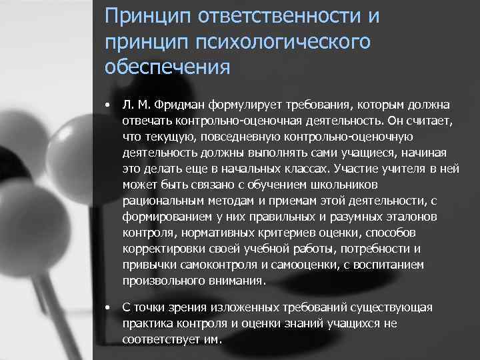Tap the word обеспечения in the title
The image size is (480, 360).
(x=167, y=67)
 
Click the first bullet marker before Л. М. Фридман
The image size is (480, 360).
(x=107, y=105)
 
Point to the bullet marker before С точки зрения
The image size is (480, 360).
(x=107, y=307)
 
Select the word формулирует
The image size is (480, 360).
(x=246, y=105)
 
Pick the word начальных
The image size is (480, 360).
(x=263, y=169)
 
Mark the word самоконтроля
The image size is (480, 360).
(x=207, y=265)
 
